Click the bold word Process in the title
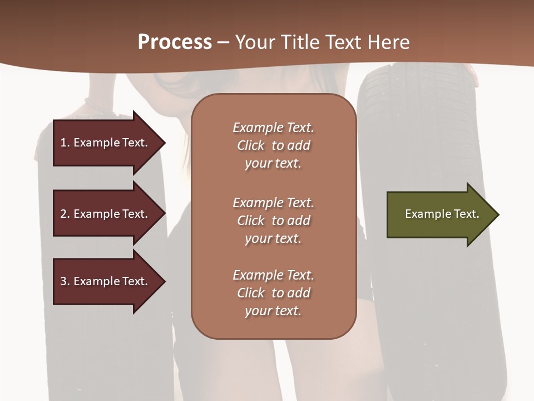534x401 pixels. (175, 42)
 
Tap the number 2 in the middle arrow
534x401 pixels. (63, 214)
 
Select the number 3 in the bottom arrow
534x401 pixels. (63, 281)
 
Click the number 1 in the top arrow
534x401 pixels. (63, 143)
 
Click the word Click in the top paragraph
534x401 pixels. (251, 145)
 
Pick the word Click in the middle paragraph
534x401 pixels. (251, 221)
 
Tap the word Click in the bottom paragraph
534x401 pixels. (251, 293)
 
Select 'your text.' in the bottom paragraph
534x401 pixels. (273, 311)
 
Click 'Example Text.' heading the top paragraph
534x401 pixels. (273, 128)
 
